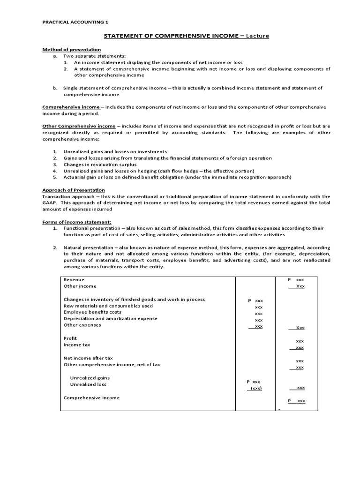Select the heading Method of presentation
(x=72, y=49)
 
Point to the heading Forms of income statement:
(x=77, y=221)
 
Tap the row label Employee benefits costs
(x=92, y=312)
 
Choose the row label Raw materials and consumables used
(x=108, y=306)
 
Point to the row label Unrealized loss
(x=88, y=384)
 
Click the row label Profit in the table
(x=70, y=338)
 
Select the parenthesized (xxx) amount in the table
(x=256, y=388)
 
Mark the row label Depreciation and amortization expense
(x=111, y=318)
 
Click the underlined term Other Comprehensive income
(x=79, y=126)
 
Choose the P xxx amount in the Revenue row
(x=296, y=279)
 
